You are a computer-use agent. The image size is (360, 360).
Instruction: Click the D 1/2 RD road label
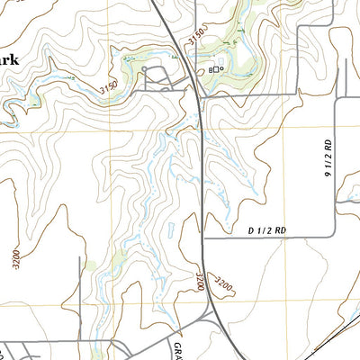(x=266, y=231)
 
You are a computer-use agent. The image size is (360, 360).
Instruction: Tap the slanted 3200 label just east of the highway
(x=222, y=286)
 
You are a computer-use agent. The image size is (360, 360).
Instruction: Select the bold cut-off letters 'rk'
(x=9, y=61)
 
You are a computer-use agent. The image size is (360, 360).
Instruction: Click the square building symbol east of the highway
(x=212, y=69)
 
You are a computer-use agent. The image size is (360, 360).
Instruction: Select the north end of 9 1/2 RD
(x=335, y=95)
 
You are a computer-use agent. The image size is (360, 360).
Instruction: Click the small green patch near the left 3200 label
(x=88, y=265)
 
